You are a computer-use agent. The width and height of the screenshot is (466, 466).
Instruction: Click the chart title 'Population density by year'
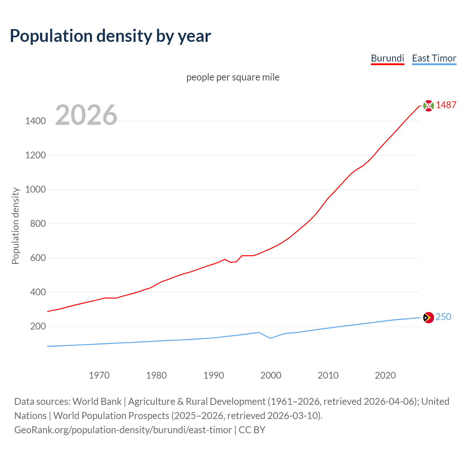point(110,36)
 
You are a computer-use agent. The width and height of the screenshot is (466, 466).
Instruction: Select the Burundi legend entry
point(387,58)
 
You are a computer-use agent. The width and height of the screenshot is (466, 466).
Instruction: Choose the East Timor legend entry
point(434,58)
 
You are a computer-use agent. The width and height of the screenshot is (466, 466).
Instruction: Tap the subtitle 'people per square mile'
point(233,77)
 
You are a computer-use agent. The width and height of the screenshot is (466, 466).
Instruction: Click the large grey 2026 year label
point(86,115)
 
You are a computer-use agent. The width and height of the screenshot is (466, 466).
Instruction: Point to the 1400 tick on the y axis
point(35,121)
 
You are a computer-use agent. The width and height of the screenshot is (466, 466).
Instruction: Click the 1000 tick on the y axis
point(35,189)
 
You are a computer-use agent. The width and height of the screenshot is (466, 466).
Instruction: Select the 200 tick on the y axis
point(38,326)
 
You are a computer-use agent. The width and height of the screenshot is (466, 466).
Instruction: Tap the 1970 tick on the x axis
point(99,375)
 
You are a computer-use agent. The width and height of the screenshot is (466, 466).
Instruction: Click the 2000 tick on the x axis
point(270,375)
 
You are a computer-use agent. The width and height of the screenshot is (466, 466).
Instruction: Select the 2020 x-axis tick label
point(385,375)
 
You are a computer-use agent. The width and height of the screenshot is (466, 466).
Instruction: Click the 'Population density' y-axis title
point(15,226)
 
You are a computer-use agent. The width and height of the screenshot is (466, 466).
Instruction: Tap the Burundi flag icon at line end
point(429,106)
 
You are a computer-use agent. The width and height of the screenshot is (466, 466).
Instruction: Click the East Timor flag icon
point(429,317)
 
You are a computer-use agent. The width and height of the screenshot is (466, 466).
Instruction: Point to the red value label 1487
point(446,105)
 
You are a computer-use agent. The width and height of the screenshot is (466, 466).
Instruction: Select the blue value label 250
point(443,317)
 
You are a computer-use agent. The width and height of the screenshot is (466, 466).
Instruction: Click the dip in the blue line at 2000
point(270,338)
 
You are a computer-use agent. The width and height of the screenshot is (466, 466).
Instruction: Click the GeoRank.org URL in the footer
point(123,430)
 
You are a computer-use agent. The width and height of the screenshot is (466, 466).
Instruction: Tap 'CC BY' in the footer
point(252,430)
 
